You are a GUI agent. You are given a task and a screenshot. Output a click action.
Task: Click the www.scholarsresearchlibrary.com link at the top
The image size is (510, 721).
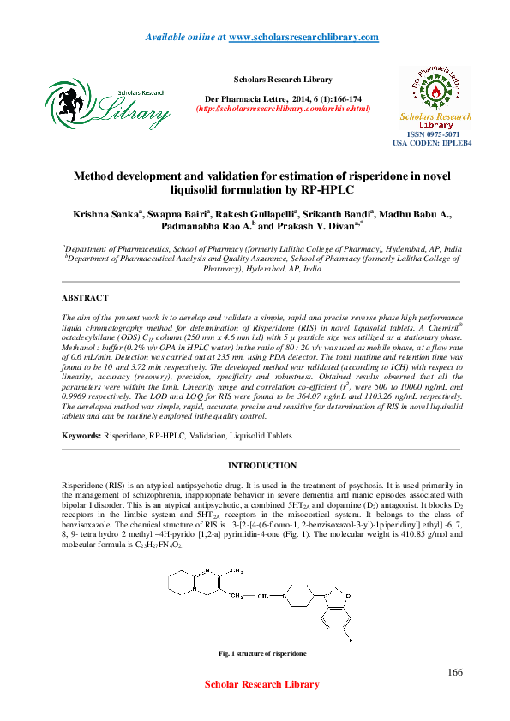[303, 37]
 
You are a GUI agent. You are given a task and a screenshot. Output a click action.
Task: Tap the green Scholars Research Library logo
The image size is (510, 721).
[107, 102]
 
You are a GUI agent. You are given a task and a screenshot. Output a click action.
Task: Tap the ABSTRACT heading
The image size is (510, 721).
[85, 297]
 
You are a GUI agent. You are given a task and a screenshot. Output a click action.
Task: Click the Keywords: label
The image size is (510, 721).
[81, 435]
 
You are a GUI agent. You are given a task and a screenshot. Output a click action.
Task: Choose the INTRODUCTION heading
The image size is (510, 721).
[261, 466]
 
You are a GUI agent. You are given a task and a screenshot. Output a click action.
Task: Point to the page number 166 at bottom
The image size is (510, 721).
[455, 670]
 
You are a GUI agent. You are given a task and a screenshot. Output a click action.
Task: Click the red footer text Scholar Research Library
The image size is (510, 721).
[261, 684]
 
